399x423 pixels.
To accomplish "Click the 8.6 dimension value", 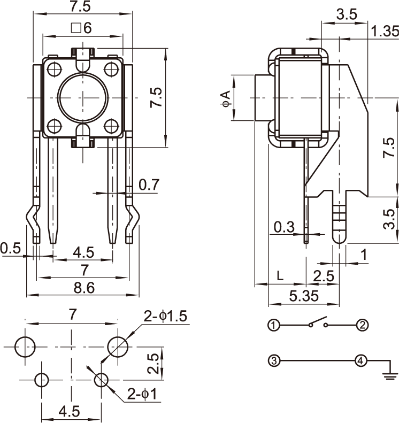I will pos(83,288).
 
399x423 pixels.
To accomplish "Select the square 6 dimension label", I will pos(81,28).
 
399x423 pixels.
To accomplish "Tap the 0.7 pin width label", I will pos(149,185).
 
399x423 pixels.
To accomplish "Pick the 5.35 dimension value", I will pos(303,295).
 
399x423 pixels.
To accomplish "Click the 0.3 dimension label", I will pos(283,227).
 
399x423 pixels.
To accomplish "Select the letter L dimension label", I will pos(280,276).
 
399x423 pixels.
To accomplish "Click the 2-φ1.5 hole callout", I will pos(165,316).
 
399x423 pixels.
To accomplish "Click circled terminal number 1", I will pos(273,325).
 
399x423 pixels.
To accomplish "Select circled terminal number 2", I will pos(362,325).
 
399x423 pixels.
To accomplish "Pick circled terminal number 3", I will pos(273,361).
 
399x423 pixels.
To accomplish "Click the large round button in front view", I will pos(82,96).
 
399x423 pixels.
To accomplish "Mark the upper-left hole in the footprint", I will pos(25,347).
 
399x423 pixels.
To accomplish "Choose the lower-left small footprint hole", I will pos(42,380).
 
